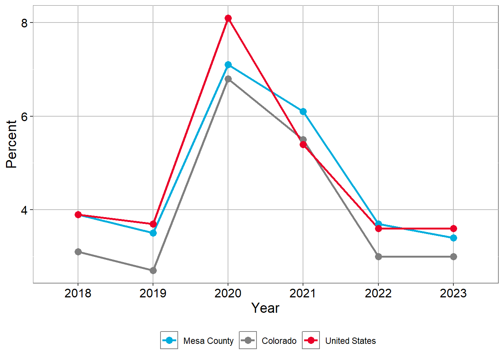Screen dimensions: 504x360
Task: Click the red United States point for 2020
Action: coord(228,18)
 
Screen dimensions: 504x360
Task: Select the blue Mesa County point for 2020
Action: coord(228,65)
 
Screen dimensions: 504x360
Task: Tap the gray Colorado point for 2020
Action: coord(228,79)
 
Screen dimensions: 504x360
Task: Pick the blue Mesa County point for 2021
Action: coord(303,112)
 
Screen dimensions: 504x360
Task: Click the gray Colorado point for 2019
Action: coord(153,270)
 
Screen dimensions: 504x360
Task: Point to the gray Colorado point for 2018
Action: coord(78,252)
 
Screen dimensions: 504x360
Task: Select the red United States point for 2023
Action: coord(453,229)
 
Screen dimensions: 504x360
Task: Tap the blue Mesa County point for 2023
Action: coord(453,238)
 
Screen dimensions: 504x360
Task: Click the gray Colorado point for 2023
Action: coord(453,256)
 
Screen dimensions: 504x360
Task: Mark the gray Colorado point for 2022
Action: coord(378,256)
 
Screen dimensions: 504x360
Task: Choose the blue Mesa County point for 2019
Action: coord(153,233)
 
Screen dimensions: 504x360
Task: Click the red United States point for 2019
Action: coord(153,224)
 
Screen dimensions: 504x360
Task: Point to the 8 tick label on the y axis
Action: coord(24,23)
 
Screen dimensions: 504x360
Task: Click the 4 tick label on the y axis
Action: coord(24,210)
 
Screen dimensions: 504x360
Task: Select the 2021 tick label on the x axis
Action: coord(303,293)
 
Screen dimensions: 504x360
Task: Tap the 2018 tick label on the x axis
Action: coord(78,293)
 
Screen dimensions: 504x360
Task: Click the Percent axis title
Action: coord(11,144)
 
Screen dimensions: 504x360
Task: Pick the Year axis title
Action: coord(265,308)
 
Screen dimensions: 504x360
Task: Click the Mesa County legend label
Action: coord(208,341)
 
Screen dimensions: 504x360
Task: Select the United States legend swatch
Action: coord(311,340)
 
